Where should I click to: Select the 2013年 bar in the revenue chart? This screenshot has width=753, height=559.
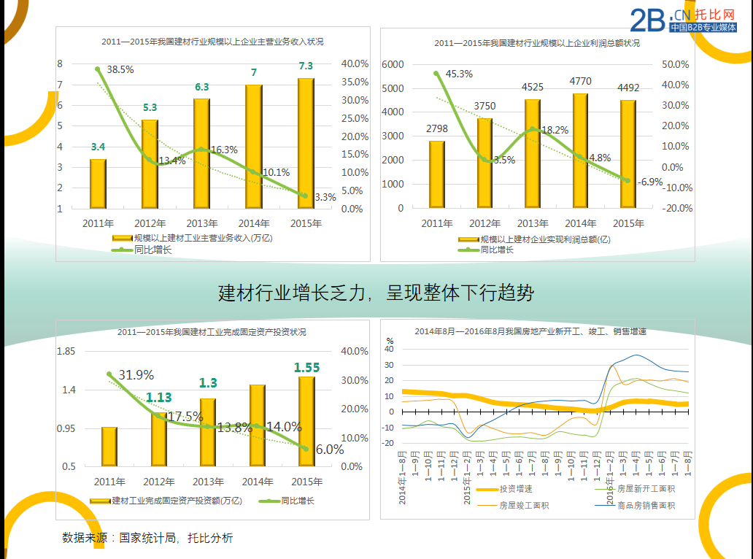[x=201, y=153]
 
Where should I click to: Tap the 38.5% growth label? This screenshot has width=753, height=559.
[x=120, y=69]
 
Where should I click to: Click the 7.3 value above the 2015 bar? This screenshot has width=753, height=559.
[x=306, y=66]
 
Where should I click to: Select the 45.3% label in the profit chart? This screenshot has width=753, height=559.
[x=459, y=74]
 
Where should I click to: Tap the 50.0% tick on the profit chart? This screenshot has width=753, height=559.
[x=674, y=64]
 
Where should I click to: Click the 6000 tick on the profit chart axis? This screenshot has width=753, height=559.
[x=393, y=64]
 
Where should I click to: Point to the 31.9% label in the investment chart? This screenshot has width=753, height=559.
[x=136, y=375]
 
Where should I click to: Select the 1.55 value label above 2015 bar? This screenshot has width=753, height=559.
[x=306, y=368]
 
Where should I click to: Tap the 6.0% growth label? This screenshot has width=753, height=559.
[x=329, y=450]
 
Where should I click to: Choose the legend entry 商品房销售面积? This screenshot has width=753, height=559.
[x=646, y=505]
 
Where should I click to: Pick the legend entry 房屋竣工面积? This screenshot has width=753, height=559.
[x=524, y=505]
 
